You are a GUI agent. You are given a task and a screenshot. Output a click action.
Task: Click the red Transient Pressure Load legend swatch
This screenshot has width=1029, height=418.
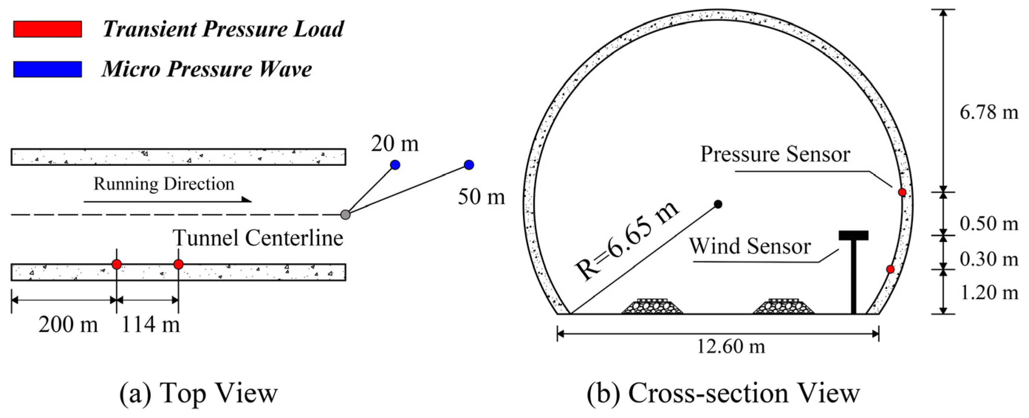(48, 29)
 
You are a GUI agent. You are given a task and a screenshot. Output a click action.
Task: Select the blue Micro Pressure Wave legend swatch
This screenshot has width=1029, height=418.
(48, 69)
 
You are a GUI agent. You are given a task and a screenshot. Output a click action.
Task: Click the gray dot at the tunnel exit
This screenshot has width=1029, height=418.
(346, 215)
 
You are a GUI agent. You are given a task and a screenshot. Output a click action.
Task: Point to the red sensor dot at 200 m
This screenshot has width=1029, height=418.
(117, 264)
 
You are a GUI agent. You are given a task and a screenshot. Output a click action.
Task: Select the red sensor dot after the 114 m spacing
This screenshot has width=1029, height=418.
(178, 264)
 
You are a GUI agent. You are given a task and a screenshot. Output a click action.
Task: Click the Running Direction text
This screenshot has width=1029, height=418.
(164, 184)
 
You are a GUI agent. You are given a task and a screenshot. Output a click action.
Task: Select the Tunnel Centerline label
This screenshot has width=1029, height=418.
(258, 238)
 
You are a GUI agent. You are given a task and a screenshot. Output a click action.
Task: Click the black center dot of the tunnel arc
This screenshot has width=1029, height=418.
(718, 205)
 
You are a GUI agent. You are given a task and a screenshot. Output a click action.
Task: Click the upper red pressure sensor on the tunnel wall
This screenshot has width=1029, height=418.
(902, 192)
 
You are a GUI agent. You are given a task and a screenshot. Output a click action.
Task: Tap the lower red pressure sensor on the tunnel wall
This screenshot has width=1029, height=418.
(890, 269)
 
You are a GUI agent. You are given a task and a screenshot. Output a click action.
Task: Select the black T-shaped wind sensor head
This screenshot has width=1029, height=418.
(854, 236)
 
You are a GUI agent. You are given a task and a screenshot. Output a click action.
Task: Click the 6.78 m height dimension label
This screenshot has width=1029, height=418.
(989, 113)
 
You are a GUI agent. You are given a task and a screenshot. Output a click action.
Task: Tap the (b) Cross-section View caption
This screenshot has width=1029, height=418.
(723, 393)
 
